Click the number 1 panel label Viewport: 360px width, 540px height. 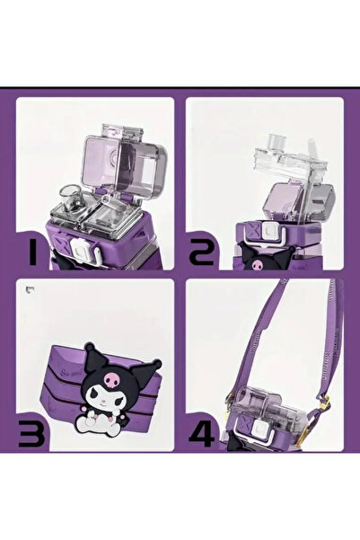coord(32,253)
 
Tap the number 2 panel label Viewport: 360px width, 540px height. coord(202,252)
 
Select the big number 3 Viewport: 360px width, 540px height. coord(31,435)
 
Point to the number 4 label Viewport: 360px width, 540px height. coord(202,434)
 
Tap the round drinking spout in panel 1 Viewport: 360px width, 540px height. coord(73,199)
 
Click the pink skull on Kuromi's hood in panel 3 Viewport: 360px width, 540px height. coord(113,378)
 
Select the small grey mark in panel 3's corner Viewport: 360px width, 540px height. coord(31,290)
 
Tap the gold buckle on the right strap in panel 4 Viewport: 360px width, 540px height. coord(324,403)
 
